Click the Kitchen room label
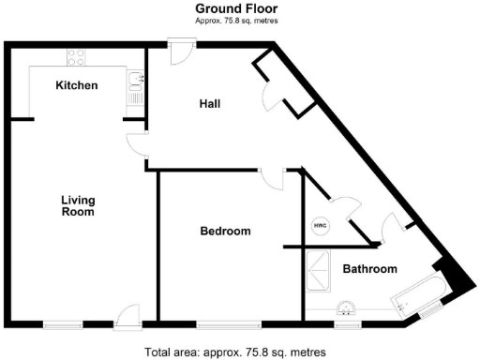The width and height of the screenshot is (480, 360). (x=77, y=85)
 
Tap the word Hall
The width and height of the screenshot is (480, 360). (x=209, y=103)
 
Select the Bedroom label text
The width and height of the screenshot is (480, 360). (x=225, y=231)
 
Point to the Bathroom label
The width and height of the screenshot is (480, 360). (x=368, y=269)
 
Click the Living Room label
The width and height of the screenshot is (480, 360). (x=78, y=205)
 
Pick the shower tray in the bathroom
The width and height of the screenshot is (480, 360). (x=316, y=270)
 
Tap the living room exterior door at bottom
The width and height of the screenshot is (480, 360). (x=127, y=315)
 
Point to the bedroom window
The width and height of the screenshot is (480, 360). (x=228, y=324)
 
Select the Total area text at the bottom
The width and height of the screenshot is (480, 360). (x=236, y=352)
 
